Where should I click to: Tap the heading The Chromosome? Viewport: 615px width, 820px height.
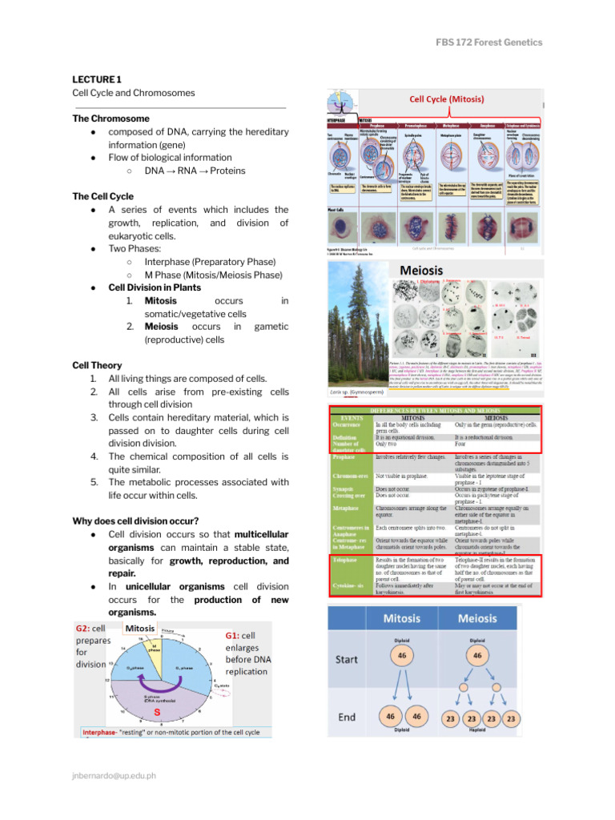click(99, 119)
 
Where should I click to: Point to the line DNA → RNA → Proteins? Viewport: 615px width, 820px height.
click(195, 171)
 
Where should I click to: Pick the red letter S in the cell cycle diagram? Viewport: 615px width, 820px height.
click(158, 710)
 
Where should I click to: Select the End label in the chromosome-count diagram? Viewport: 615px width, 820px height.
click(347, 717)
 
